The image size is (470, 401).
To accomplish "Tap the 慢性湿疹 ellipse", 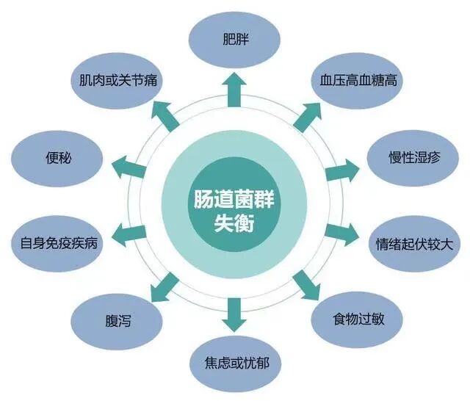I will pos(413,157).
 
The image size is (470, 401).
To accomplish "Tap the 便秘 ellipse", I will pos(57,157).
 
